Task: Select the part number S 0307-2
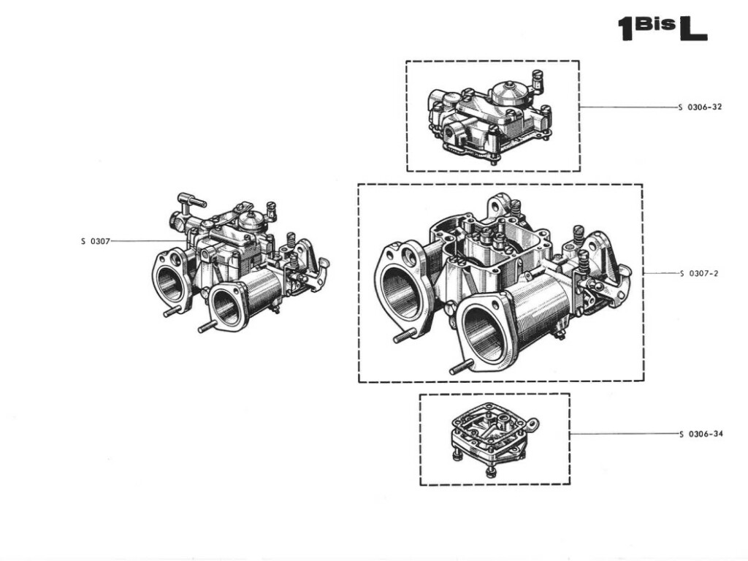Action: [x=699, y=274]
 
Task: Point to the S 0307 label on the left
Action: [x=95, y=241]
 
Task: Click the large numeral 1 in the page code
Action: [x=625, y=29]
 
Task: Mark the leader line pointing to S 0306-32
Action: [x=628, y=107]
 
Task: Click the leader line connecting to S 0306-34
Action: [x=625, y=434]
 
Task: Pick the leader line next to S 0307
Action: [x=146, y=241]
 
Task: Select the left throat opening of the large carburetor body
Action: [x=401, y=292]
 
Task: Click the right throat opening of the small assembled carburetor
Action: [x=226, y=307]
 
